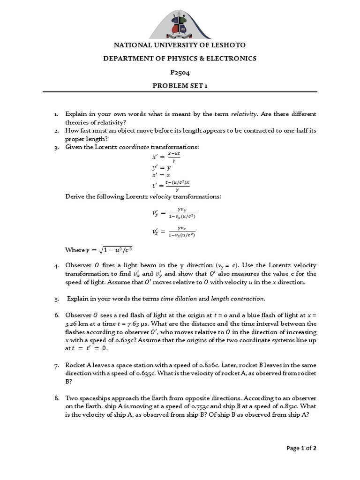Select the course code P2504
(180, 72)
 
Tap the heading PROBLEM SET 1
(180, 86)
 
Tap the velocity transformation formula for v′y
(174, 213)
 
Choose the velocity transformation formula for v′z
(174, 232)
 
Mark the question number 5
(56, 299)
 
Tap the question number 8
(56, 398)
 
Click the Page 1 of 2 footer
(301, 449)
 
